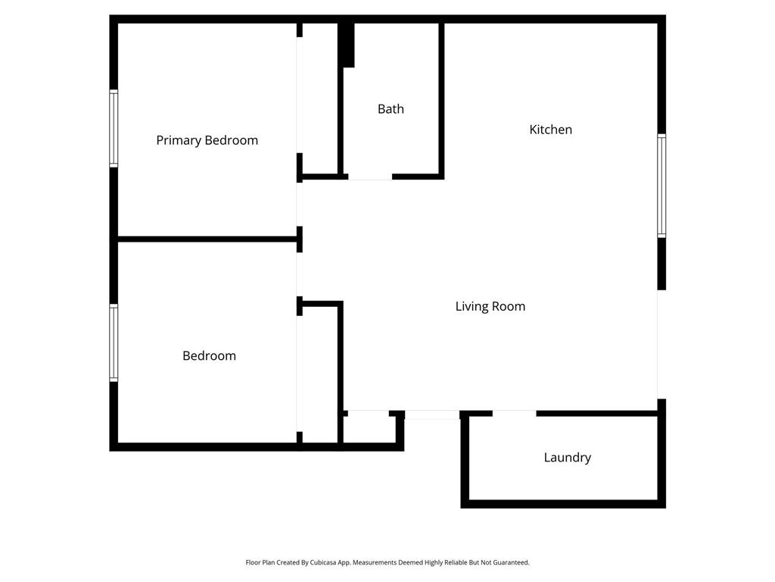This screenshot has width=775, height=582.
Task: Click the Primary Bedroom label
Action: pyautogui.click(x=207, y=140)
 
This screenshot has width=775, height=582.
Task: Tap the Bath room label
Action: pyautogui.click(x=391, y=109)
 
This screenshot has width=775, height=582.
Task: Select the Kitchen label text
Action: pyautogui.click(x=550, y=130)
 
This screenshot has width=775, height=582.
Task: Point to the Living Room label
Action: pyautogui.click(x=490, y=306)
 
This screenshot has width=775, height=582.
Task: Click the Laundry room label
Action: pyautogui.click(x=567, y=458)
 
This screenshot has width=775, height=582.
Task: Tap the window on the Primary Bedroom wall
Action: pyautogui.click(x=114, y=128)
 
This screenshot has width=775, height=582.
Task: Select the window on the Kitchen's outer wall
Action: pyautogui.click(x=661, y=186)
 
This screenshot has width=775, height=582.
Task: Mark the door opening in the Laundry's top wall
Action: pyautogui.click(x=515, y=413)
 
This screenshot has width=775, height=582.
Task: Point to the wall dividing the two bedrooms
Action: pyautogui.click(x=206, y=239)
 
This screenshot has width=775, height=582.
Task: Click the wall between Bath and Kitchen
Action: pyautogui.click(x=441, y=99)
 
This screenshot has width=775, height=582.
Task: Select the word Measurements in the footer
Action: pyautogui.click(x=359, y=563)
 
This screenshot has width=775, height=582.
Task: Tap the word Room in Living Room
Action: pyautogui.click(x=509, y=306)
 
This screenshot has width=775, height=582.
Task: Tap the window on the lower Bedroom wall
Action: pyautogui.click(x=114, y=343)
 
